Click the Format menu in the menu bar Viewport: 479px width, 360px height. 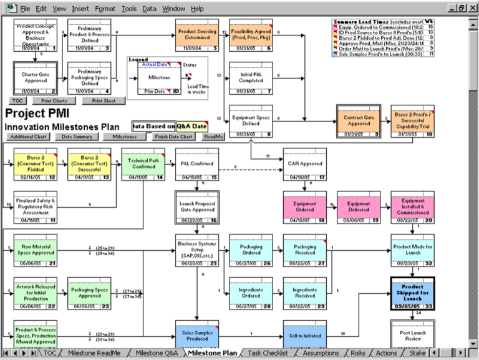pyautogui.click(x=105, y=9)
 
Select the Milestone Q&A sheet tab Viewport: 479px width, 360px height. pyautogui.click(x=157, y=353)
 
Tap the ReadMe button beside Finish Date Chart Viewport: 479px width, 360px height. pyautogui.click(x=213, y=137)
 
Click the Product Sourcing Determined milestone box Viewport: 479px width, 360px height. pyautogui.click(x=197, y=35)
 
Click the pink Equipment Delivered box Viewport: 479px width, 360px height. pyautogui.click(x=359, y=207)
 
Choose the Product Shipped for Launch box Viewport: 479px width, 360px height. pyautogui.click(x=412, y=292)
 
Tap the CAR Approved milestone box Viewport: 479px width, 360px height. pyautogui.click(x=305, y=164)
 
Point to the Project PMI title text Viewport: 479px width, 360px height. pyautogui.click(x=37, y=113)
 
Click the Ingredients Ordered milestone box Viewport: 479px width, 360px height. pyautogui.click(x=251, y=293)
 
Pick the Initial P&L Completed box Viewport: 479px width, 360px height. pyautogui.click(x=251, y=78)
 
